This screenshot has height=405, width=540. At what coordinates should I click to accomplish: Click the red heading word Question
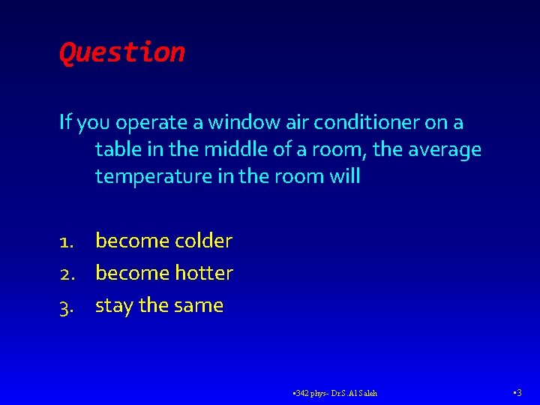coord(121,52)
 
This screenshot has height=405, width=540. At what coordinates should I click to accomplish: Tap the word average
coord(443,150)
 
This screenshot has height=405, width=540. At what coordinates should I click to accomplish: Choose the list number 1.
coord(67,241)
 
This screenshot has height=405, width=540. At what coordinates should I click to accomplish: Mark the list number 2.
coord(67,274)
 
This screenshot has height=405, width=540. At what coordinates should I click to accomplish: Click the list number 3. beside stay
coord(67,306)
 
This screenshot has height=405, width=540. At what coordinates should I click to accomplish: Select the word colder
coord(203,241)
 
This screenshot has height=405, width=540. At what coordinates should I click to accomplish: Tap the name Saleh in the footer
coord(367,393)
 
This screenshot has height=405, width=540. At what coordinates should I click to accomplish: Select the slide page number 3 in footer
coord(519,392)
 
